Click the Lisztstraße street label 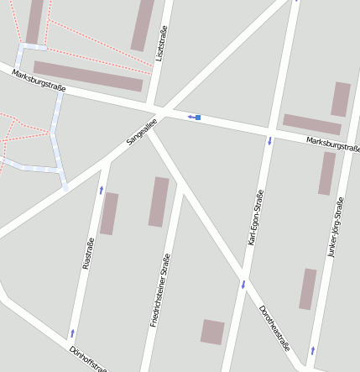coord(161,44)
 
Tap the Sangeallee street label coord(142,131)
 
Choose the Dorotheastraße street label coord(274,328)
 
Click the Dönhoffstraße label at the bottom coord(87,358)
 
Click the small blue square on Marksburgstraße coord(198,118)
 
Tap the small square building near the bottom coord(212,332)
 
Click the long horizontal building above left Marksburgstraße coord(88,76)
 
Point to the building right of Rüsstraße coord(109,213)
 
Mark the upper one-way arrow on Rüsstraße coord(101,190)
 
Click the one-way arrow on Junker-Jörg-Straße coord(313,348)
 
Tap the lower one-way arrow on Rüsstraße coord(72,333)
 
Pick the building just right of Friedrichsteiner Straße coord(159,202)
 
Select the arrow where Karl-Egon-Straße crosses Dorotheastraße coord(243,284)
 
